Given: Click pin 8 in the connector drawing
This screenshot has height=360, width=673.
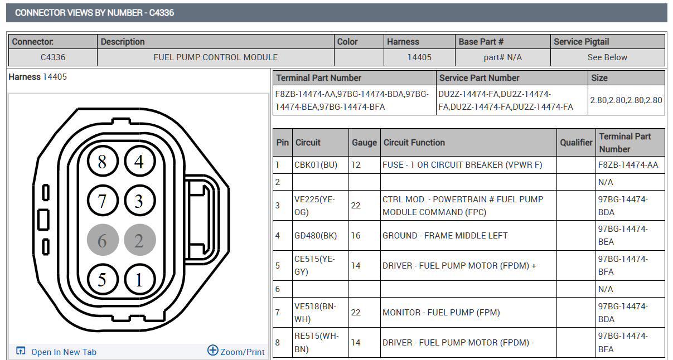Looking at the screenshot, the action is click(103, 161).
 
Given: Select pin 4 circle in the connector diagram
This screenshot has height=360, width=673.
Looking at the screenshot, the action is click(140, 161).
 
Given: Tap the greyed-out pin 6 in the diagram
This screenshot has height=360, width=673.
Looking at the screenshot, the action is click(103, 240).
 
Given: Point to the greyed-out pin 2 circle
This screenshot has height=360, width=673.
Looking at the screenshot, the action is click(140, 240).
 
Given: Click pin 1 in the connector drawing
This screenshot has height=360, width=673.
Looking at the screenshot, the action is click(140, 279).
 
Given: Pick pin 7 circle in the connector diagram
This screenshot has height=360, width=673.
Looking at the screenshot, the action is click(103, 201).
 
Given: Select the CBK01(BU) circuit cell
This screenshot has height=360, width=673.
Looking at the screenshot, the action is click(320, 165).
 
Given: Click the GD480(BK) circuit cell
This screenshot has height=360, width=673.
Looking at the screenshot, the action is click(320, 235).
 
